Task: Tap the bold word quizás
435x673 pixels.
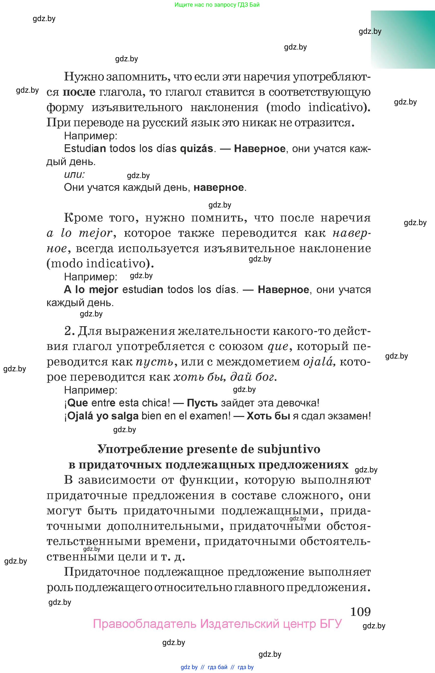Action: click(196, 148)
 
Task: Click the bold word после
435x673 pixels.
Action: click(79, 92)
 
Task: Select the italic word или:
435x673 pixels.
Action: click(74, 174)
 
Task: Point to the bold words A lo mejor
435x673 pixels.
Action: click(91, 289)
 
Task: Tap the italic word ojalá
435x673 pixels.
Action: click(319, 362)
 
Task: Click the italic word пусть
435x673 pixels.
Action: click(154, 362)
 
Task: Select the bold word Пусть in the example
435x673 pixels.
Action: click(202, 403)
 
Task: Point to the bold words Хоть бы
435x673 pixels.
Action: click(268, 416)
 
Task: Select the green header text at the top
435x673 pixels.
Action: click(217, 5)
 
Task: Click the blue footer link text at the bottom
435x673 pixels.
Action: click(217, 667)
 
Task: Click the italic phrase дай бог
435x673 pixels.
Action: click(253, 377)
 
